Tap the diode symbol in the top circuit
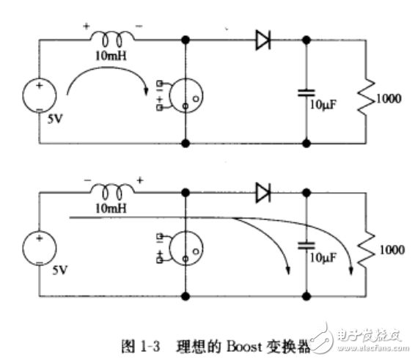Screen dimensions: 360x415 [x=264, y=41]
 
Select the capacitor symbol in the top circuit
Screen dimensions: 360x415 [x=305, y=92]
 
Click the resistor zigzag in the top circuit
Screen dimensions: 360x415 [x=364, y=95]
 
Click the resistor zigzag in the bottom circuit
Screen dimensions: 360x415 [x=364, y=249]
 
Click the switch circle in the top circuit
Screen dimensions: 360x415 [x=185, y=97]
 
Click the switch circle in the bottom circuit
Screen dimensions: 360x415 [x=185, y=249]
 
